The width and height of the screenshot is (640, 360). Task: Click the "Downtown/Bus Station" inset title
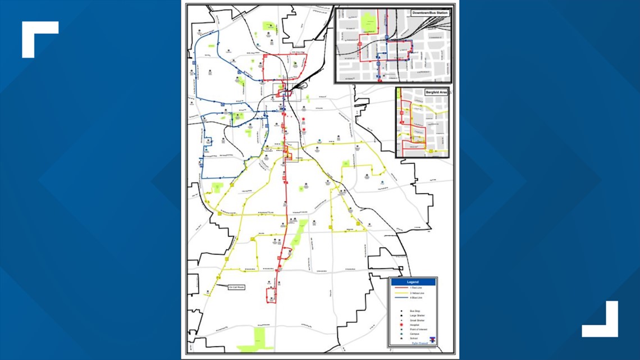(429, 12)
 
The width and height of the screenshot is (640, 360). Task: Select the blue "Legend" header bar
(413, 282)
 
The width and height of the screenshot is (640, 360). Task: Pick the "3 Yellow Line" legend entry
(417, 293)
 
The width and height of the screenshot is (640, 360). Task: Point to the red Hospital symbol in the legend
(402, 325)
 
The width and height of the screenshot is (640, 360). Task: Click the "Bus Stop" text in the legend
(415, 311)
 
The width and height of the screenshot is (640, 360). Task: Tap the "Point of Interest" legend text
(418, 330)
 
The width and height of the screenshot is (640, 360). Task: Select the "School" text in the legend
(414, 339)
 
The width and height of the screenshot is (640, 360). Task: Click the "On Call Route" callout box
(236, 287)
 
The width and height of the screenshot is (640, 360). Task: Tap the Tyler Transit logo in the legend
(431, 340)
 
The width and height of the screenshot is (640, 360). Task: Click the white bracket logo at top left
(40, 39)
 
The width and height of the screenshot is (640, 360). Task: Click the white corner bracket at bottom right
(600, 320)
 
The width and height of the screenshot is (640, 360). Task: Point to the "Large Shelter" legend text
(417, 316)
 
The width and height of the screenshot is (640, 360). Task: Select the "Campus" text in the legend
(415, 334)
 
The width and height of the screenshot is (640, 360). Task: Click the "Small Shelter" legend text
(417, 320)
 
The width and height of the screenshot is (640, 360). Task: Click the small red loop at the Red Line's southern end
(271, 295)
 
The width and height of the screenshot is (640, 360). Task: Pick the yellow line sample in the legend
(401, 293)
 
